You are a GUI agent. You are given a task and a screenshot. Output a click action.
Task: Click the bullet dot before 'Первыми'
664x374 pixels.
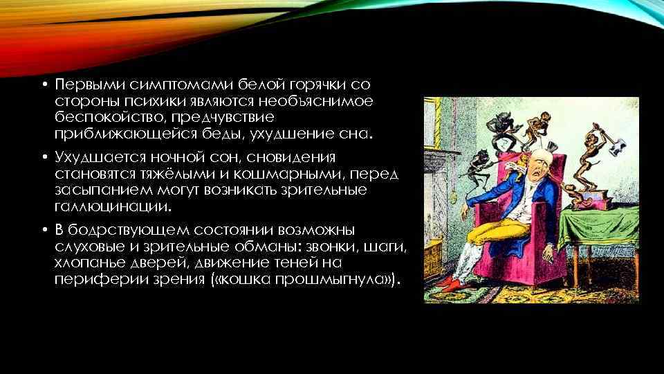coord(42,85)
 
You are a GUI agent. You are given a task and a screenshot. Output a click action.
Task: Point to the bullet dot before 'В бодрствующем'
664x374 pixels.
coord(42,231)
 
